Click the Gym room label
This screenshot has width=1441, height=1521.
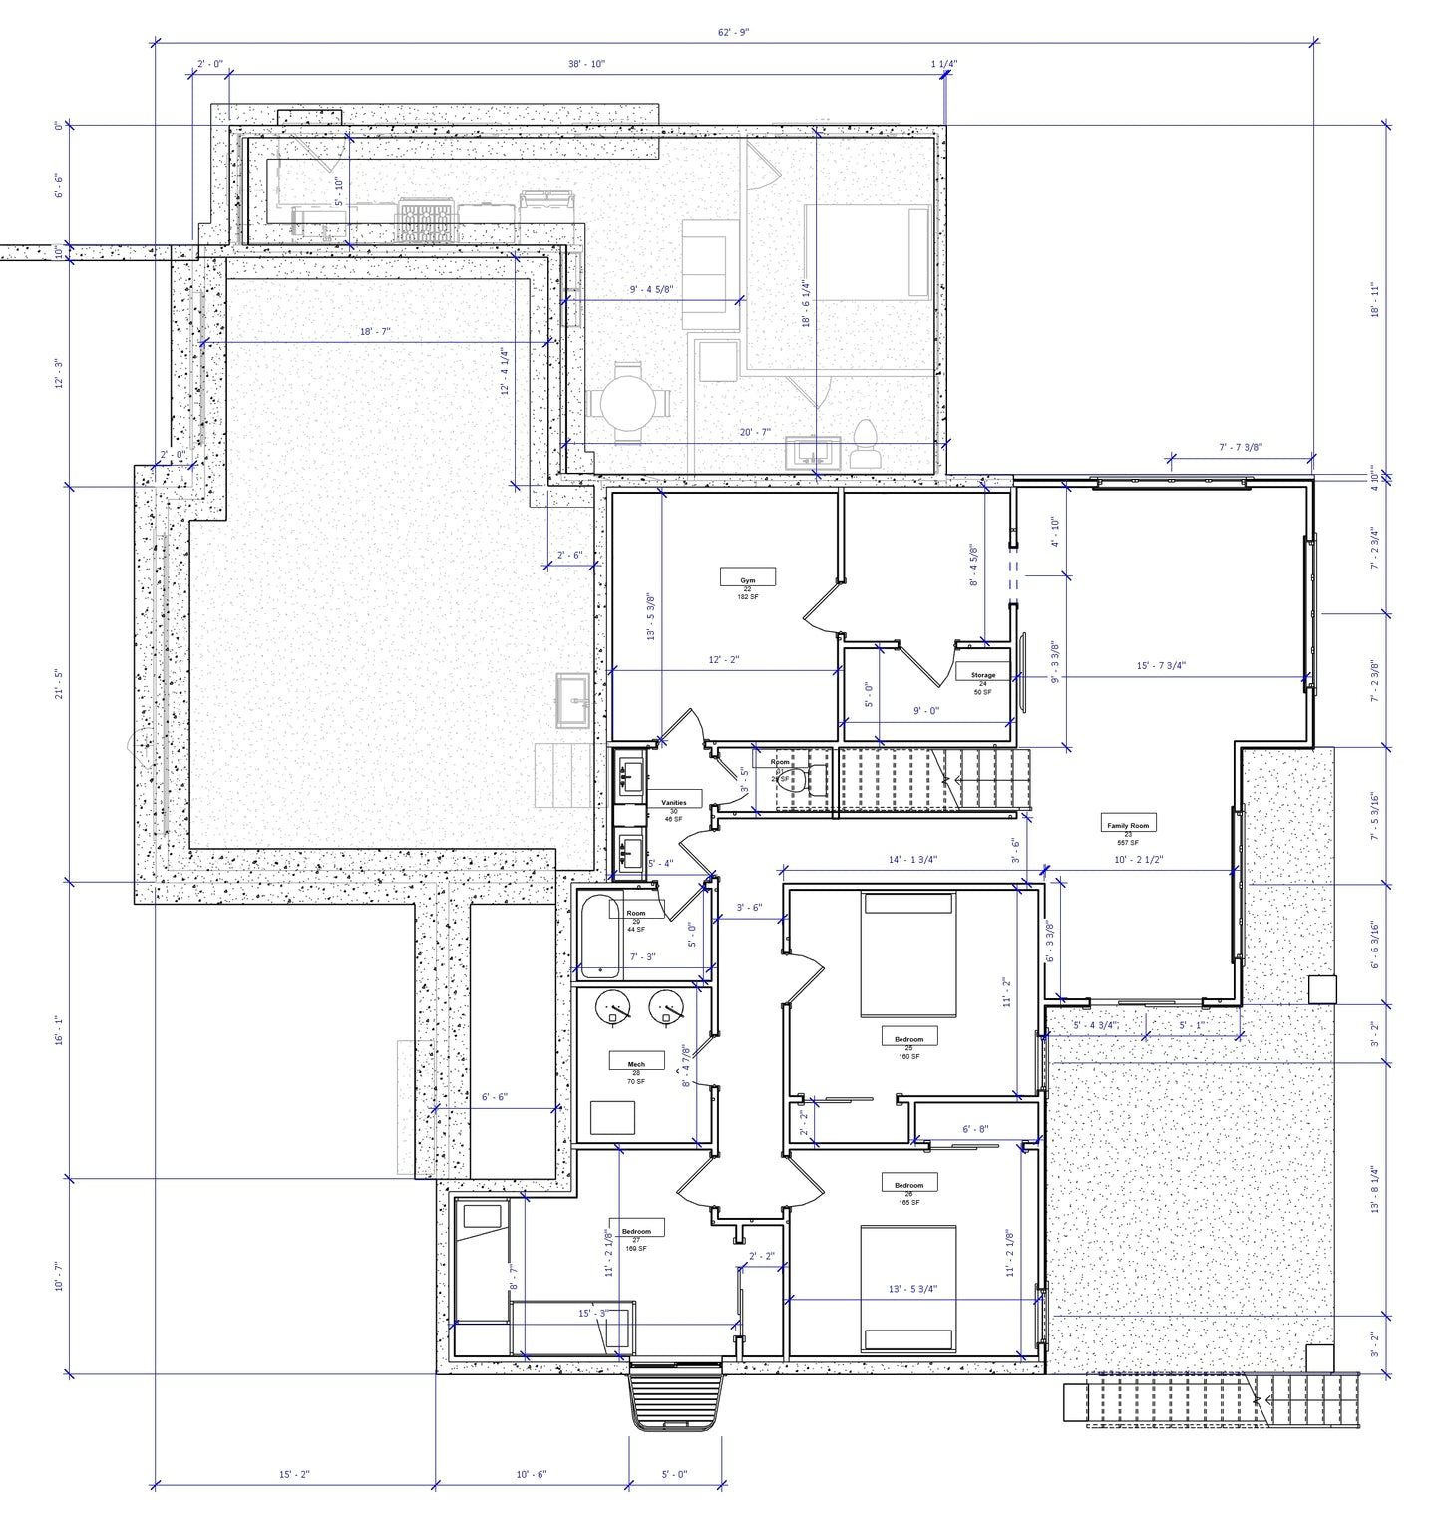tap(747, 580)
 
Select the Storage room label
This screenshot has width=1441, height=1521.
tap(982, 676)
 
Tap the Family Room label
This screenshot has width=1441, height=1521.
tap(1128, 826)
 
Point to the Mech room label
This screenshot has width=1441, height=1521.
tap(636, 1065)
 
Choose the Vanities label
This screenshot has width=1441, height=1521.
tap(674, 803)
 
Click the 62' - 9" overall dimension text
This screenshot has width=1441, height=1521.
tap(733, 33)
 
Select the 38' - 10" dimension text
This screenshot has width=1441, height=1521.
tap(586, 64)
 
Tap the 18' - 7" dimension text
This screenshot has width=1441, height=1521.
tap(376, 332)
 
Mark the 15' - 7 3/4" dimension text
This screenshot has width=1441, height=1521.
tap(1161, 666)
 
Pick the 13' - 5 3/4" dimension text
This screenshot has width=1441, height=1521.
tap(911, 1289)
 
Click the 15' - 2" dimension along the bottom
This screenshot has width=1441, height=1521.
tap(294, 1475)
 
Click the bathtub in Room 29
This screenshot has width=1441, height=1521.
tap(597, 934)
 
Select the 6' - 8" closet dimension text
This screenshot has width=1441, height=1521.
tap(974, 1130)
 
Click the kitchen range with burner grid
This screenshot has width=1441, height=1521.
tap(427, 219)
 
